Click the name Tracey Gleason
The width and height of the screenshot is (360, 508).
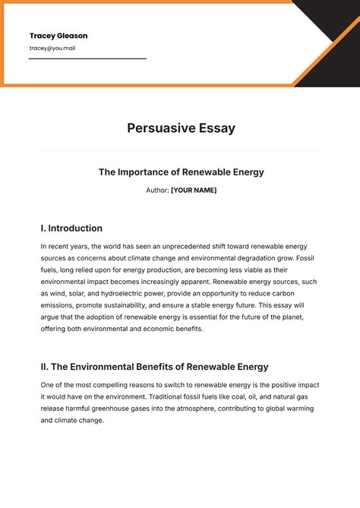click(x=58, y=36)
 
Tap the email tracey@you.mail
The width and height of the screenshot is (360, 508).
click(x=52, y=48)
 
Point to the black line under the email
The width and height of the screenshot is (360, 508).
click(x=87, y=58)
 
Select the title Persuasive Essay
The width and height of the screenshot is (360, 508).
click(x=181, y=128)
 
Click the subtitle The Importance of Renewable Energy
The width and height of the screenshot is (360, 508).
click(x=181, y=172)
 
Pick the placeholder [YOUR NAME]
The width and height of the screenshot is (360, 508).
click(x=194, y=190)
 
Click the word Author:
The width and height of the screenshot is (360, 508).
click(x=157, y=190)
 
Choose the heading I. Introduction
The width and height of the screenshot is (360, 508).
click(x=71, y=228)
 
